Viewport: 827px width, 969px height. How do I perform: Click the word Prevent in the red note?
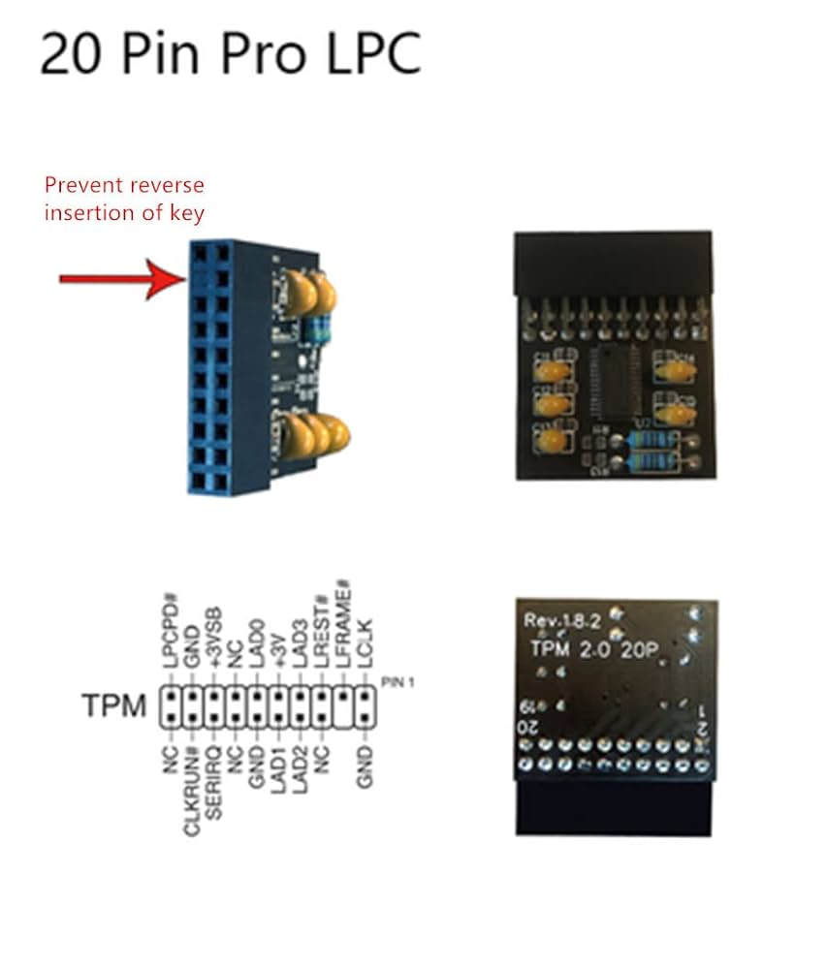tap(83, 185)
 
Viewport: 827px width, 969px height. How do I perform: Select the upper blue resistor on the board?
tap(652, 439)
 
